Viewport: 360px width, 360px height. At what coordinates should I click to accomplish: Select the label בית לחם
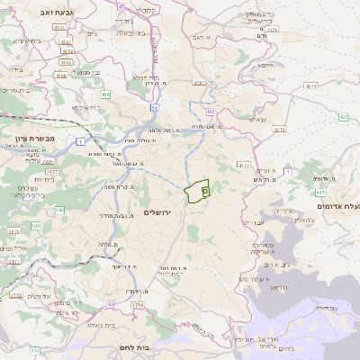point(135,346)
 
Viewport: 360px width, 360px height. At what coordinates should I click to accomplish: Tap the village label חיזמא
point(264,65)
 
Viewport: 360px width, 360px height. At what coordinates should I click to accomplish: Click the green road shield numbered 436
point(106,94)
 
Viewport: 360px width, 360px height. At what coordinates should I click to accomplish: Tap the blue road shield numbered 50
point(155,107)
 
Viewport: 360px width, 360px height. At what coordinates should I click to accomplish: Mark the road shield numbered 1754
point(138,306)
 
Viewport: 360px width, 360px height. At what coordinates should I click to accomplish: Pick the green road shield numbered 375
point(33,350)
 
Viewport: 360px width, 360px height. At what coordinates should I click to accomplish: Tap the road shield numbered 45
point(122,5)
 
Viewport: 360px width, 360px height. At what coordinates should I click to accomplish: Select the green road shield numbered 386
point(60,211)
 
